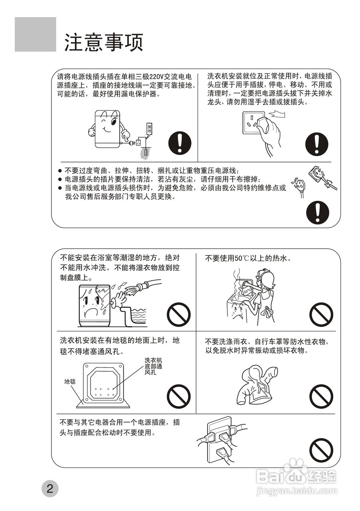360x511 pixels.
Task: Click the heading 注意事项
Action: tap(104, 42)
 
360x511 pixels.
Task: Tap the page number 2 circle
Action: tap(50, 489)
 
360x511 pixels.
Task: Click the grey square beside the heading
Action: tap(36, 34)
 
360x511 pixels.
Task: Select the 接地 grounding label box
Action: tap(149, 129)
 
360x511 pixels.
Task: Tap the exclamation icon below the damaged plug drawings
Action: tap(317, 212)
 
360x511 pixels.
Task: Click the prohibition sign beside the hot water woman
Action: tap(321, 315)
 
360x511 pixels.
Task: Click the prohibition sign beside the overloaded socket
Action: tap(321, 450)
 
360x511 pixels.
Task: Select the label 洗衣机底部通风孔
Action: tap(153, 366)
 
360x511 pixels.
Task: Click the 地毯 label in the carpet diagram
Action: tap(70, 381)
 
